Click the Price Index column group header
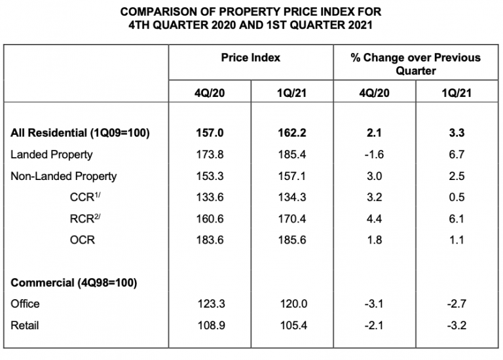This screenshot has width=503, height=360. tap(250, 58)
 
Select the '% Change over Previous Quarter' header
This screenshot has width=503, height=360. tap(415, 64)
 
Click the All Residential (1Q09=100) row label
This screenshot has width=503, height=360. tap(81, 133)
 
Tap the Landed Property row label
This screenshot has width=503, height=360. tap(52, 154)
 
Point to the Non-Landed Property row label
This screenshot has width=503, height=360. tap(64, 176)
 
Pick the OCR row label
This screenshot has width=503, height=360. tap(82, 240)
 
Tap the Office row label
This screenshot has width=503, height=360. tap(26, 304)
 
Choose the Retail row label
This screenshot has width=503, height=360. tap(25, 325)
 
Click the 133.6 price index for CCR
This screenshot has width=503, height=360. tap(210, 197)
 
